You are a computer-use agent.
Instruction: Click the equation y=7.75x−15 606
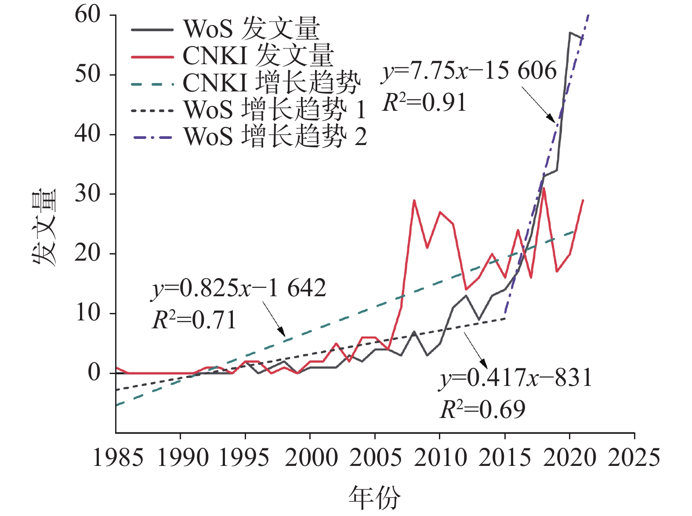[469, 71]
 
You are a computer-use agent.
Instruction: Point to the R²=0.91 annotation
[424, 103]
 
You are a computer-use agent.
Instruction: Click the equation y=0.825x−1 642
[239, 289]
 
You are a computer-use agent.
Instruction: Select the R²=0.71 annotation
[194, 320]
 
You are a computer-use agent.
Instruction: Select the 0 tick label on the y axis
[94, 373]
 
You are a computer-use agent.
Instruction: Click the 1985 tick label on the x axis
[118, 458]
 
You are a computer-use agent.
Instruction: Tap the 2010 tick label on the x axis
[440, 458]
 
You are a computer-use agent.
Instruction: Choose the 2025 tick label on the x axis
[634, 458]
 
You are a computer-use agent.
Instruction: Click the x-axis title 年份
[374, 498]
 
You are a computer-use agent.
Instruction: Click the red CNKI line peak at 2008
[414, 200]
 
